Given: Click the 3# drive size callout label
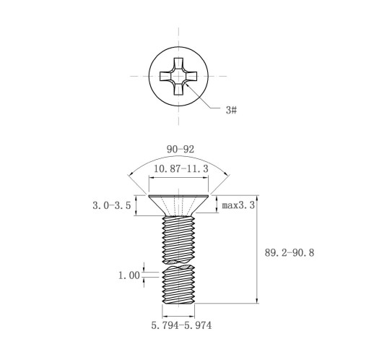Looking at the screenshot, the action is pos(231,110).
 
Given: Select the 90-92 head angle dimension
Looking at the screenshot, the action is pos(181,150).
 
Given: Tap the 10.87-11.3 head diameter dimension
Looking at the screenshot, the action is pos(181,168).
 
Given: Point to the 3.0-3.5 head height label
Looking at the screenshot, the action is pos(112,205).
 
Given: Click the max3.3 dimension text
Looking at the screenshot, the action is pos(238,205).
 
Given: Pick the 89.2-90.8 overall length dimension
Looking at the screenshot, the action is pos(290,253).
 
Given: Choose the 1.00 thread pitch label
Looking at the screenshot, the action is pos(129,275).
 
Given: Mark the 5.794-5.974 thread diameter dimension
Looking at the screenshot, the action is pos(181,325).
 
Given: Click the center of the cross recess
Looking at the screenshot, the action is pos(178,76).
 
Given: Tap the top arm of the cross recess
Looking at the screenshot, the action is pos(178,64).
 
